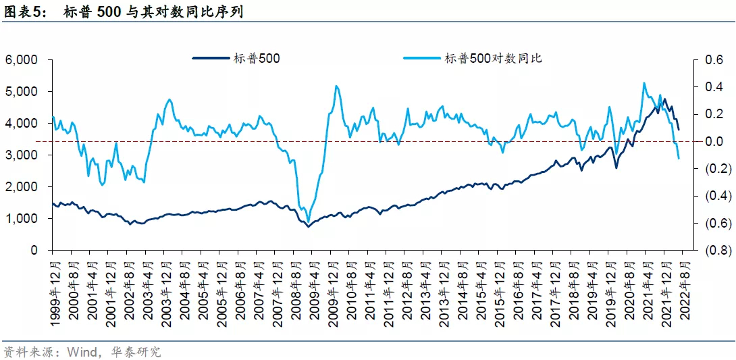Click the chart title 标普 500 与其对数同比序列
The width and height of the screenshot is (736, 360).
point(153,11)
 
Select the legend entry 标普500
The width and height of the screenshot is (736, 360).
point(257,59)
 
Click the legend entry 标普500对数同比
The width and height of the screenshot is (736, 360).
point(493,59)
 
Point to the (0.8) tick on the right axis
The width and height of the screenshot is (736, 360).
point(716,251)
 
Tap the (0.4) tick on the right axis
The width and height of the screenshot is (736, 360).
point(716,196)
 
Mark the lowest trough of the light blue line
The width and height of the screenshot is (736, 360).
point(309,222)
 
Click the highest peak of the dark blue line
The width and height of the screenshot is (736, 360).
point(665,100)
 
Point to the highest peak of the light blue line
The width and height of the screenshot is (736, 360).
point(643,83)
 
